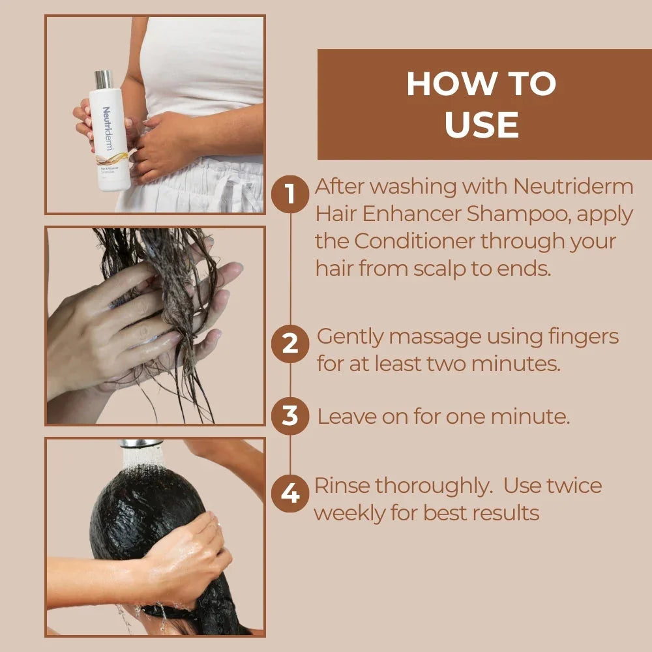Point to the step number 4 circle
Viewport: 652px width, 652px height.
[289, 494]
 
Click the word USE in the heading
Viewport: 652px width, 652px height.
[482, 125]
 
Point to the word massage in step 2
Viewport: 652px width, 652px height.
[424, 337]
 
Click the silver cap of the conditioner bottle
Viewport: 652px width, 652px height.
[103, 80]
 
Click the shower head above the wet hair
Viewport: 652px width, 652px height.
[141, 444]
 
